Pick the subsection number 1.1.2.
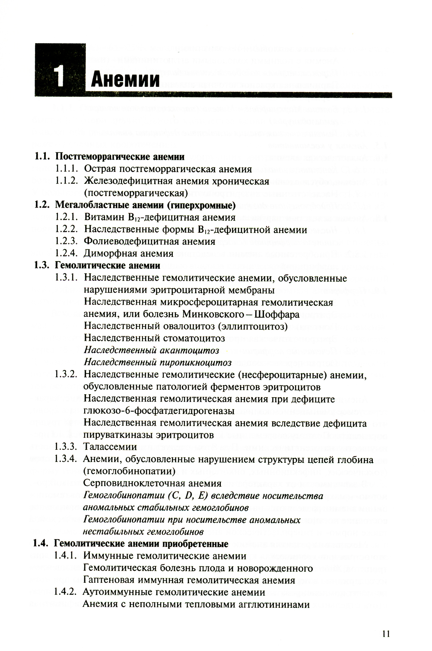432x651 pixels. (66, 181)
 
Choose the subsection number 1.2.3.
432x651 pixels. (66, 241)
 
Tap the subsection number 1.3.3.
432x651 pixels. (66, 447)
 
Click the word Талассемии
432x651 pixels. (110, 447)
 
